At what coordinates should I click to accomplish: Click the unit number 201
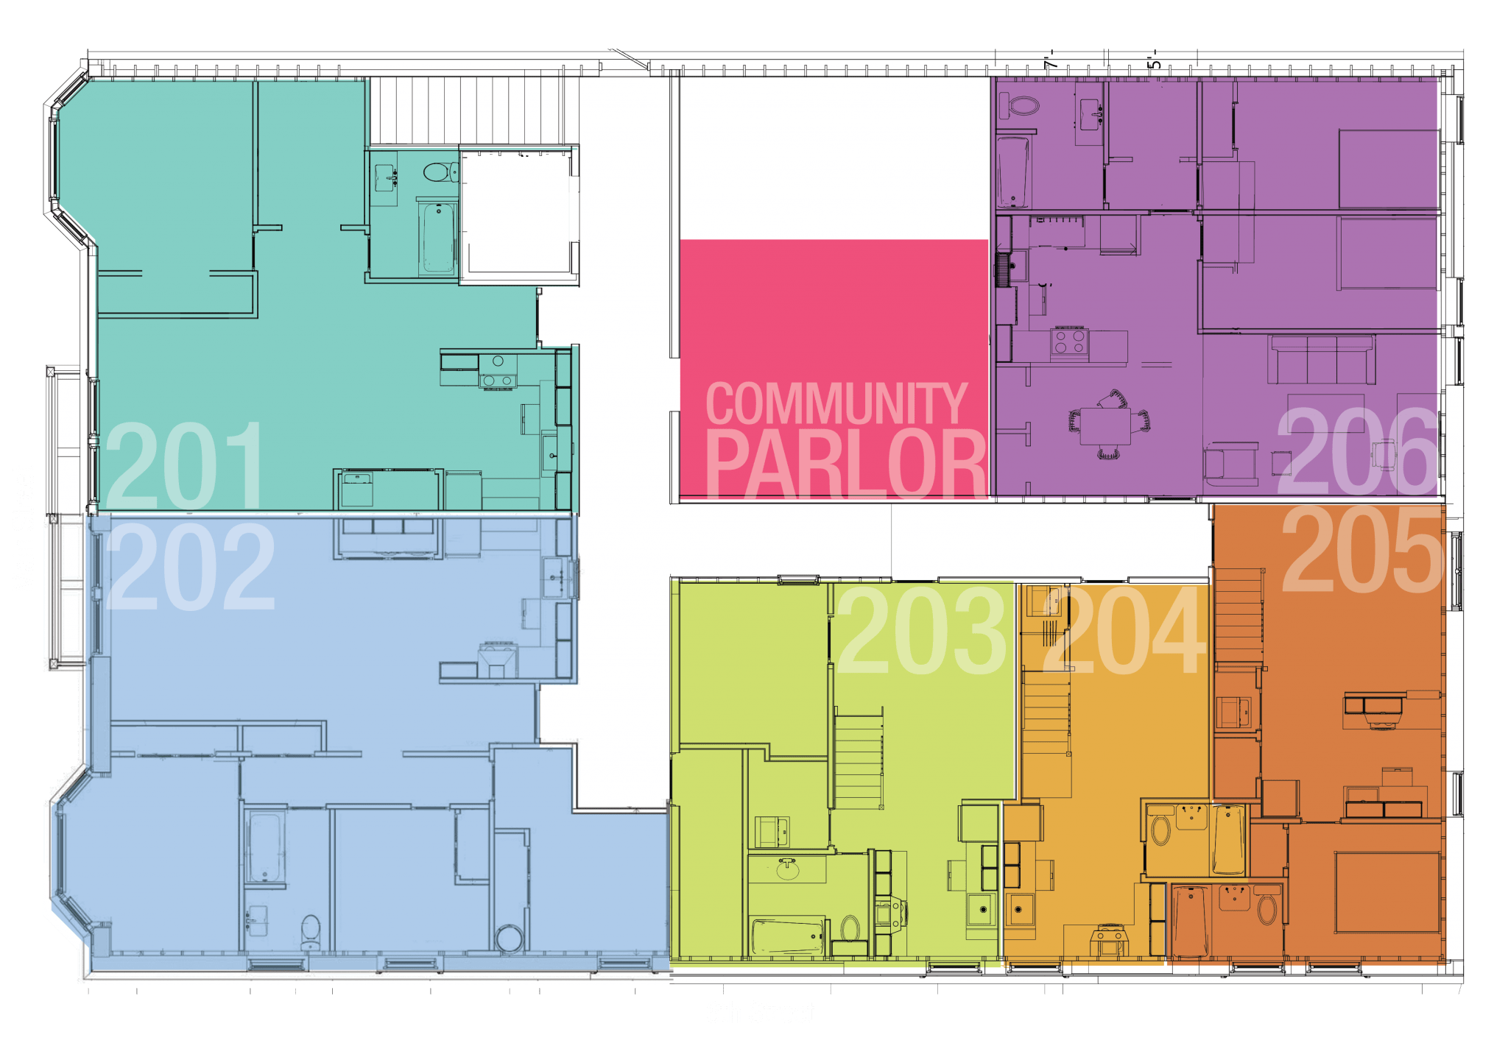[184, 465]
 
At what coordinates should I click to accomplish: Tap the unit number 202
[190, 566]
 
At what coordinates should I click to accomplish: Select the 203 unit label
[921, 629]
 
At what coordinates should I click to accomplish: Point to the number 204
[1125, 629]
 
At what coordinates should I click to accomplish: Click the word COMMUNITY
[836, 403]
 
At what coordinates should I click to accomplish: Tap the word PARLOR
[846, 464]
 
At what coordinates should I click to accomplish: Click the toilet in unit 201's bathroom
[440, 172]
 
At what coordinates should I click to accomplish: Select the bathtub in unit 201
[438, 238]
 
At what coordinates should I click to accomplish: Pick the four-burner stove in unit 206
[1069, 342]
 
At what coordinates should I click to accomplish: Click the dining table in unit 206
[1105, 426]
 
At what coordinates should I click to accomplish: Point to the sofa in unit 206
[1322, 359]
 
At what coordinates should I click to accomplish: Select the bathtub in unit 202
[265, 848]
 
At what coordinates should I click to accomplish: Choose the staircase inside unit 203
[859, 758]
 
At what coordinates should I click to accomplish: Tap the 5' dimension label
[1155, 60]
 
